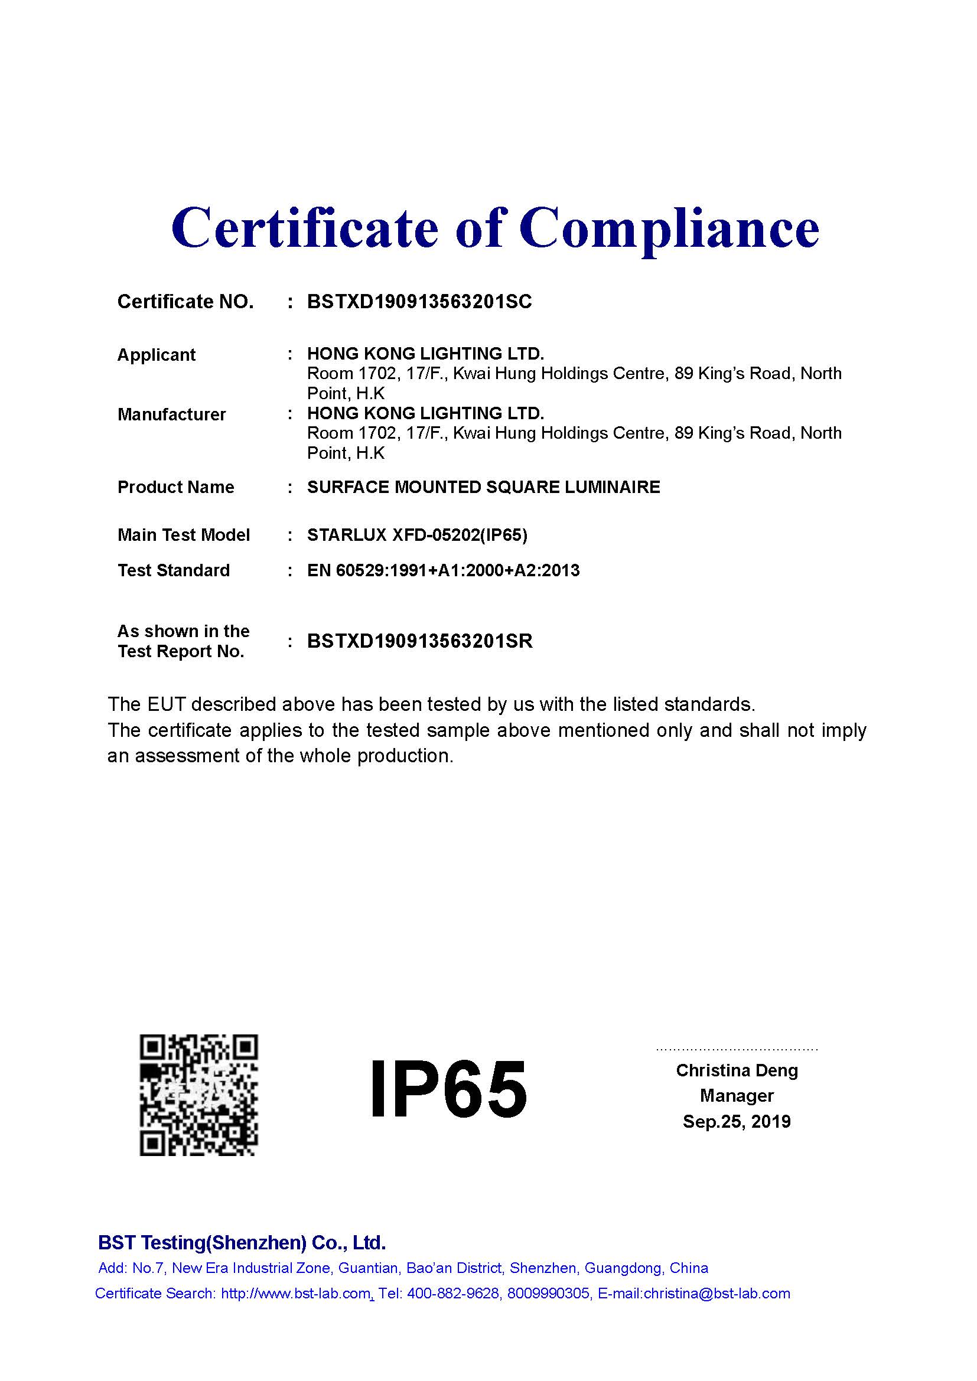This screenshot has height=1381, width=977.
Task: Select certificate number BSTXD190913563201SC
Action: click(419, 301)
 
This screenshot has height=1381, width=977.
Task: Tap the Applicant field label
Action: click(157, 355)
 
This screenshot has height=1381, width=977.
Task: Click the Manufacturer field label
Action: click(171, 414)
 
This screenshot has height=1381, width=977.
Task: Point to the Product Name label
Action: click(175, 487)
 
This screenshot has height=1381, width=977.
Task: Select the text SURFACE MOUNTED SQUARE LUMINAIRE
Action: click(483, 487)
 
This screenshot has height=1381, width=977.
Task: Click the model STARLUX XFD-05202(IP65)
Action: click(417, 536)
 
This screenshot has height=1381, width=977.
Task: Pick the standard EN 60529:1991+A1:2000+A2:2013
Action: click(443, 570)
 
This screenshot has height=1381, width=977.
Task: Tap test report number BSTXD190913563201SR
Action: click(419, 641)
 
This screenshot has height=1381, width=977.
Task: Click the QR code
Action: click(198, 1095)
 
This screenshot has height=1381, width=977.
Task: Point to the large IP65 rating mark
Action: click(448, 1089)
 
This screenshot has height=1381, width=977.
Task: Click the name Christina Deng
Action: click(737, 1070)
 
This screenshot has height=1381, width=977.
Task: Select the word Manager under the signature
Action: click(737, 1096)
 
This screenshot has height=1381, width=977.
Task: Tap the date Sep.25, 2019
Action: click(737, 1122)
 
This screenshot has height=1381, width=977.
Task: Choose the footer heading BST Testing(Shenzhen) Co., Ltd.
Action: click(241, 1243)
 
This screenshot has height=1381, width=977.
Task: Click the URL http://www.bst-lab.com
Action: click(295, 1294)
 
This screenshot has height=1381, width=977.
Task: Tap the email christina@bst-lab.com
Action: click(717, 1294)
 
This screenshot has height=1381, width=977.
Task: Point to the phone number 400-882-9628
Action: click(453, 1294)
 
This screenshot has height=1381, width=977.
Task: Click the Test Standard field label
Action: click(173, 570)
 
